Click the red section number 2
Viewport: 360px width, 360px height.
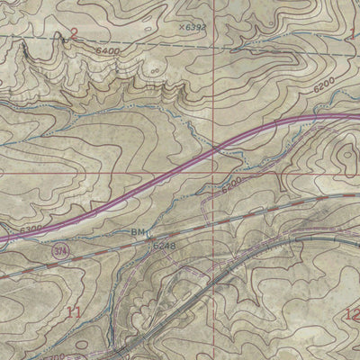pyautogui.click(x=74, y=34)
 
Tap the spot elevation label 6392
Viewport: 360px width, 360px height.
pyautogui.click(x=196, y=27)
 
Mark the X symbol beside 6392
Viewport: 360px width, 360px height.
pyautogui.click(x=181, y=27)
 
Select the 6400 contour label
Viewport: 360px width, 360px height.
pyautogui.click(x=105, y=52)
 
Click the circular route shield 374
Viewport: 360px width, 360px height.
pyautogui.click(x=59, y=248)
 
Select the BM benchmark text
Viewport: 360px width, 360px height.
pyautogui.click(x=138, y=232)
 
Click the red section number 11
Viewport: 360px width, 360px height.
pyautogui.click(x=74, y=312)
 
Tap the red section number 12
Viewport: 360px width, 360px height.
pyautogui.click(x=352, y=314)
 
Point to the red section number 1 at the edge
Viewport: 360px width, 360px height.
pyautogui.click(x=354, y=34)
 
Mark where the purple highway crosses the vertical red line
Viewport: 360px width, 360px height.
pyautogui.click(x=214, y=151)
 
